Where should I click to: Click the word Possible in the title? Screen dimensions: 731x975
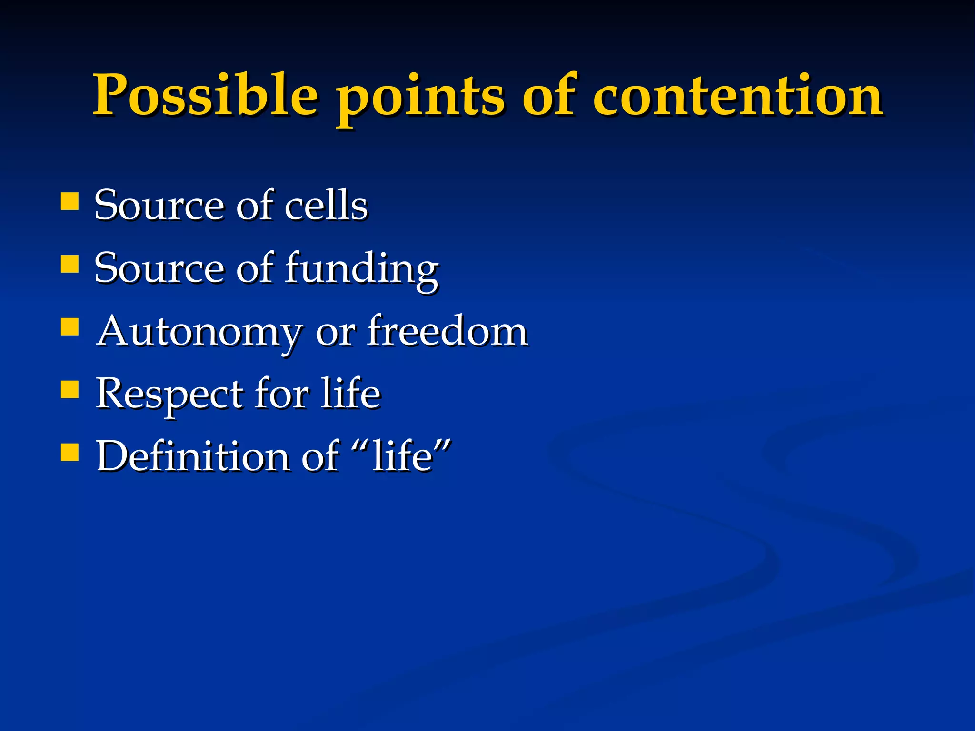tap(205, 95)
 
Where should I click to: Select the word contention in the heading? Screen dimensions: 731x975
tap(737, 95)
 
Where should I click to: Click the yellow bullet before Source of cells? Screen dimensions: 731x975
tap(70, 201)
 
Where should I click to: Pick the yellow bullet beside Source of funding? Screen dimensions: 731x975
tap(70, 264)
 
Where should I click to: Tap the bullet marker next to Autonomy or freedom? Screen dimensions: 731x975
tap(70, 327)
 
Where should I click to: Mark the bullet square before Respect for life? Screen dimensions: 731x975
tap(70, 389)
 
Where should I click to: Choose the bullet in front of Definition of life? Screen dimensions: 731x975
tap(70, 452)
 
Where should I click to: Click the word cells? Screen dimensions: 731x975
tap(326, 206)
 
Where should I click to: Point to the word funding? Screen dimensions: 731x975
tap(361, 269)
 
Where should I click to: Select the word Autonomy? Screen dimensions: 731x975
tap(199, 332)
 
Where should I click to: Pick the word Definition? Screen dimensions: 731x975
tap(193, 456)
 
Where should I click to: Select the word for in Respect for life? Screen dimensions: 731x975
tap(281, 394)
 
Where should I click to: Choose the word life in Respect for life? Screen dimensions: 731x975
tap(350, 394)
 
